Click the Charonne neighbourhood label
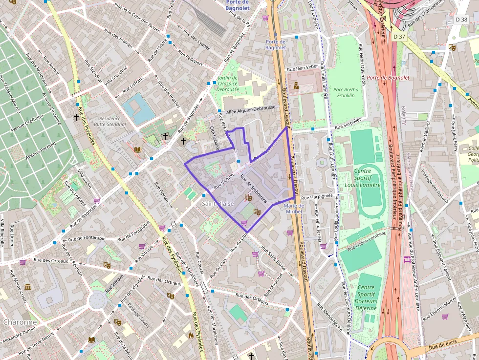[20, 322]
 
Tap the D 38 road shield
[461, 20]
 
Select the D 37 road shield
[399, 37]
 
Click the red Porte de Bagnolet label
[388, 78]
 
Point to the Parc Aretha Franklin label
[346, 92]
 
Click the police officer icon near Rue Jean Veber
[296, 86]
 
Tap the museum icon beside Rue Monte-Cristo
[28, 287]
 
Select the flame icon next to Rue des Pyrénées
[191, 336]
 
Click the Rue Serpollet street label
[348, 124]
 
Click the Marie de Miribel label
[294, 209]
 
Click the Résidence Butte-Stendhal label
[112, 121]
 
